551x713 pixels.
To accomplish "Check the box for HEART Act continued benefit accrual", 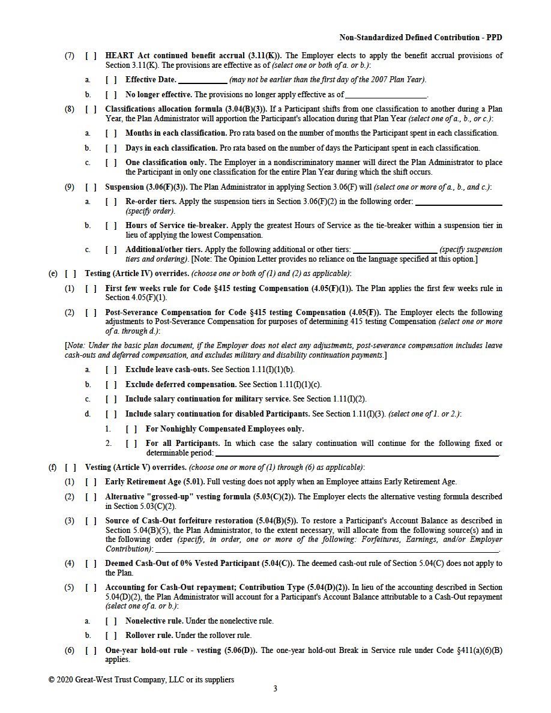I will (91, 56).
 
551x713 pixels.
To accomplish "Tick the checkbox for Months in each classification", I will (111, 133).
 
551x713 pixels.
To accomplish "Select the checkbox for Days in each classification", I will (111, 148).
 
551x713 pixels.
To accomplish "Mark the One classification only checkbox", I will (111, 163).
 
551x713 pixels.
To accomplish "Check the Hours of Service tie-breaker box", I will (111, 226).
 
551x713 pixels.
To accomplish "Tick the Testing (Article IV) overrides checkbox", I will (71, 274).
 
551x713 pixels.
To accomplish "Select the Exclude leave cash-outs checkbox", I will (111, 370).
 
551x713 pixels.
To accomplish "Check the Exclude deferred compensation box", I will (111, 384).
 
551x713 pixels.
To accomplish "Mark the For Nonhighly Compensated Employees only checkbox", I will (131, 429).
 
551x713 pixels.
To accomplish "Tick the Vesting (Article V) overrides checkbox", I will (71, 467).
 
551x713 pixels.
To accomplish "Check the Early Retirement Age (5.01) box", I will (91, 481).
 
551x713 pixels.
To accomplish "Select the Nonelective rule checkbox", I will (111, 621).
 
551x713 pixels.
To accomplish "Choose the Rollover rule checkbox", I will (111, 636).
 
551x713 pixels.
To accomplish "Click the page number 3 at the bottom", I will (275, 688).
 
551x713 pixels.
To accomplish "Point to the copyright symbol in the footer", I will (52, 680).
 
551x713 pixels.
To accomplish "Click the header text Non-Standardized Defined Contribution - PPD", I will (421, 37).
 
